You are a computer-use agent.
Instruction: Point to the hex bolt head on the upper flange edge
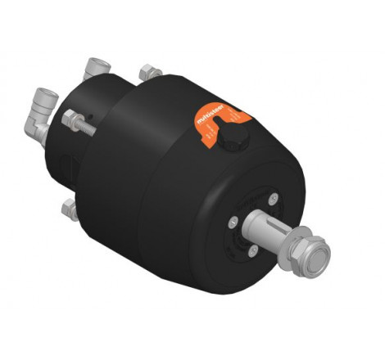click(x=147, y=71)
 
